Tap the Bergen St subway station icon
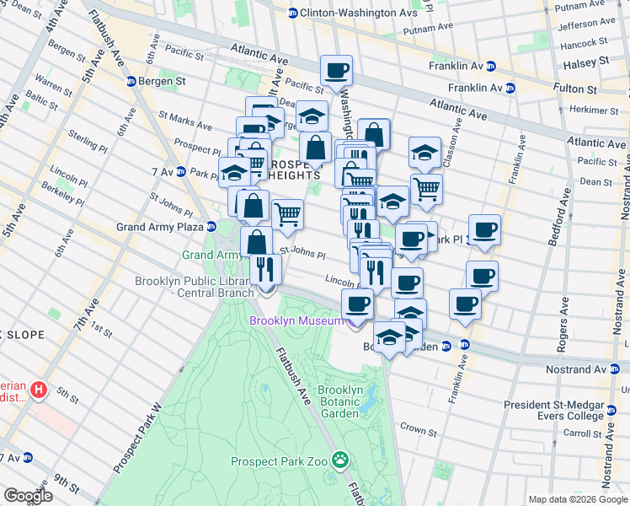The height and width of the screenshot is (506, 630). coord(132,82)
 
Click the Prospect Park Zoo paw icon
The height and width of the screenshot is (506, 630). coord(340,460)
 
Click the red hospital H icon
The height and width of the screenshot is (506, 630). coord(38,390)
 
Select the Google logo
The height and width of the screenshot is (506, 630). coord(28,496)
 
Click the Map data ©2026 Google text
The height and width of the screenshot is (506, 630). coord(577,499)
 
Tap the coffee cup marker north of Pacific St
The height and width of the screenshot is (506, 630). coord(336,72)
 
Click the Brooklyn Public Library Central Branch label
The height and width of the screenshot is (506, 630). coord(195,287)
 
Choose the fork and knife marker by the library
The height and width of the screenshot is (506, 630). coord(264,270)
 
